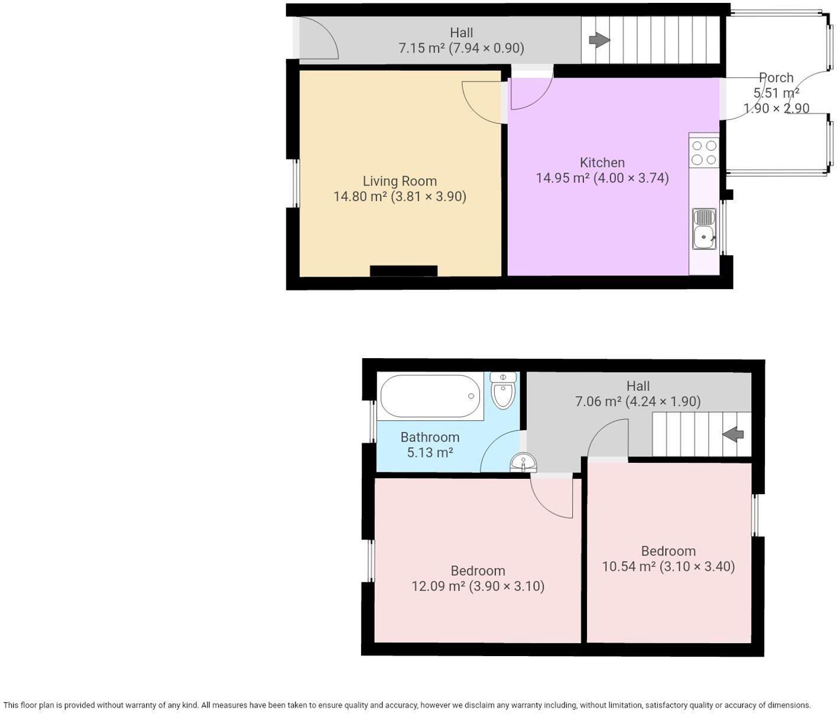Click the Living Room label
400,181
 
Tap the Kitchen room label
602,163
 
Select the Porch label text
776,77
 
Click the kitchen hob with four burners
704,152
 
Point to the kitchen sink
704,229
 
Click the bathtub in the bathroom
430,397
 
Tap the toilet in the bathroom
503,391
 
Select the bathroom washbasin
523,462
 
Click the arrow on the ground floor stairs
599,40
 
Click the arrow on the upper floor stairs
734,434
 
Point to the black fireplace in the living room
404,271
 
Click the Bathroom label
430,437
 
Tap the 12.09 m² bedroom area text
478,586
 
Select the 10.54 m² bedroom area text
668,567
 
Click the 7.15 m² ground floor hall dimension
461,48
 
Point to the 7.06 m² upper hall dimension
638,402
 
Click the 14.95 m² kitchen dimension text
602,178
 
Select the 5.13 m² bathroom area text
430,453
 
